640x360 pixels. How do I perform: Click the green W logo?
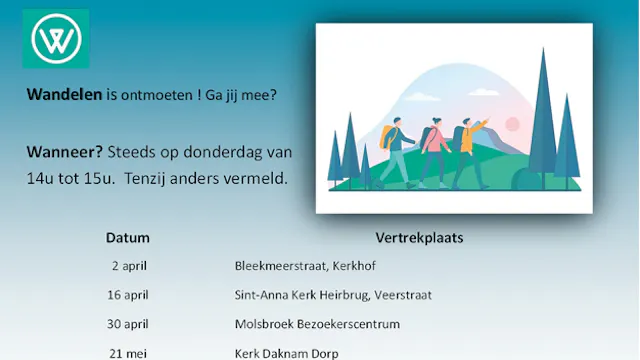56,39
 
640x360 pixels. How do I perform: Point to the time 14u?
41,179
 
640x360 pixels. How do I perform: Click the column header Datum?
128,238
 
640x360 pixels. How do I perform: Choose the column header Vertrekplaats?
419,238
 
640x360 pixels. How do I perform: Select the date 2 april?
130,266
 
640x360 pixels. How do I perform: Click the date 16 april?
128,295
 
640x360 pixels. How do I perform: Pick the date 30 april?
128,324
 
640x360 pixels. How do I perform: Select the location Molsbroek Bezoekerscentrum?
317,324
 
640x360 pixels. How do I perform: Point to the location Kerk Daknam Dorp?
286,353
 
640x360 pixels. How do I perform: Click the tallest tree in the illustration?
544,120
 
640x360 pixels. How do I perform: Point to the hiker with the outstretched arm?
470,148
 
